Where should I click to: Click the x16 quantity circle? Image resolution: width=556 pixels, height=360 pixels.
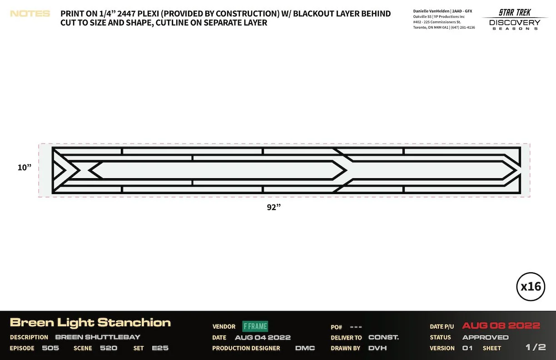(x=531, y=287)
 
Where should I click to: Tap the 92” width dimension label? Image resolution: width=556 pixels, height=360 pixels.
(x=274, y=207)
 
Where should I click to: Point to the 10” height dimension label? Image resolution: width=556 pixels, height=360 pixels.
(x=25, y=167)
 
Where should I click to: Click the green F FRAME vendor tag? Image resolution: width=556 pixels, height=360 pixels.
(x=255, y=326)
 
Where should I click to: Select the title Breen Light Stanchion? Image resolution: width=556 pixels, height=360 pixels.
(x=90, y=323)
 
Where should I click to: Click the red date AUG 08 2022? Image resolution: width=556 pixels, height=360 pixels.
(x=501, y=326)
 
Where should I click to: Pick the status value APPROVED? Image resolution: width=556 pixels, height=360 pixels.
(x=485, y=337)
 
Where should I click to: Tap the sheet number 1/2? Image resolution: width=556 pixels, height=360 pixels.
(x=536, y=347)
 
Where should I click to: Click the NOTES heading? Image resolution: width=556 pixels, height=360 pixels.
(x=30, y=14)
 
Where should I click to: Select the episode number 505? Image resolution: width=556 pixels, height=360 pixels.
(x=50, y=348)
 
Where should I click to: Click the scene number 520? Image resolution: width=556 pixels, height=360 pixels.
(x=109, y=348)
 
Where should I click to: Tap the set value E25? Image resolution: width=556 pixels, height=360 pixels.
(x=160, y=348)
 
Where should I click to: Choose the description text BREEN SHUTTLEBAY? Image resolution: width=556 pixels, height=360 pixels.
(x=98, y=337)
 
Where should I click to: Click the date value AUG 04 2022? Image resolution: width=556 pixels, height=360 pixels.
(x=263, y=338)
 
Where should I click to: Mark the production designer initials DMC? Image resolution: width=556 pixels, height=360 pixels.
(x=305, y=348)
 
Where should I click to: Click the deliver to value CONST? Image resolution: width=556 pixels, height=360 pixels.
(x=383, y=337)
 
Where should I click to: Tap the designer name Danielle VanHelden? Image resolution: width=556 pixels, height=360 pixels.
(x=432, y=11)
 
